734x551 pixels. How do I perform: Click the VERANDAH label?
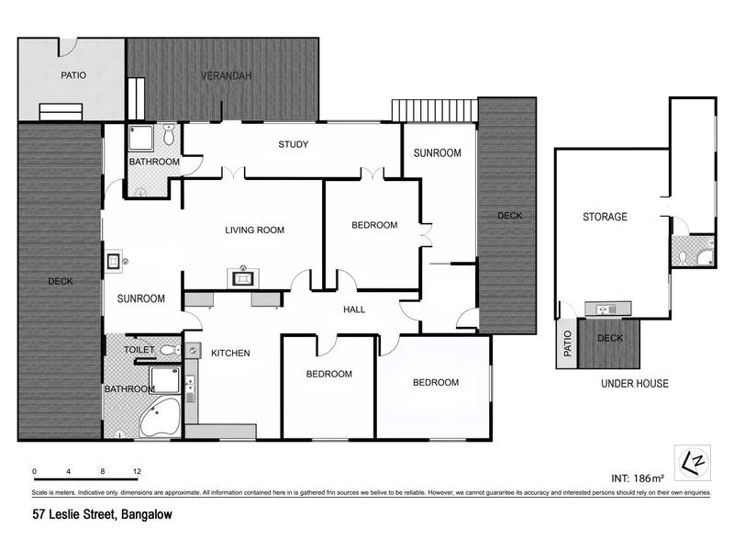[x=226, y=75]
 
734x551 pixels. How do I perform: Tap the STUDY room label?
[x=293, y=144]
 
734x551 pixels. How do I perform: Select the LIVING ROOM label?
[x=254, y=231]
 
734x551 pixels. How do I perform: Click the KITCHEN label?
[x=230, y=353]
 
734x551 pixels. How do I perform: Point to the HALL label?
[x=354, y=309]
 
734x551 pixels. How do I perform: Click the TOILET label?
[x=139, y=350]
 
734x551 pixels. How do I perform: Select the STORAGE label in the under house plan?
[x=605, y=217]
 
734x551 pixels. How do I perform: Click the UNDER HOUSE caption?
[x=634, y=383]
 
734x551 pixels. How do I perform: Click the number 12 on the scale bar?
[x=137, y=472]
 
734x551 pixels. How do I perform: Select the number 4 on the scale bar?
[x=68, y=472]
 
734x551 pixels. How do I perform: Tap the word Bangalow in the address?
[x=146, y=515]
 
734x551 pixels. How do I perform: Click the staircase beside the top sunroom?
[x=434, y=111]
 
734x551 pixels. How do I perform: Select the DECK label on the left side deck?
[x=61, y=281]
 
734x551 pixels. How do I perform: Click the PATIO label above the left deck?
[x=73, y=75]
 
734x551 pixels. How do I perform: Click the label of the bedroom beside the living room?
[x=374, y=225]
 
